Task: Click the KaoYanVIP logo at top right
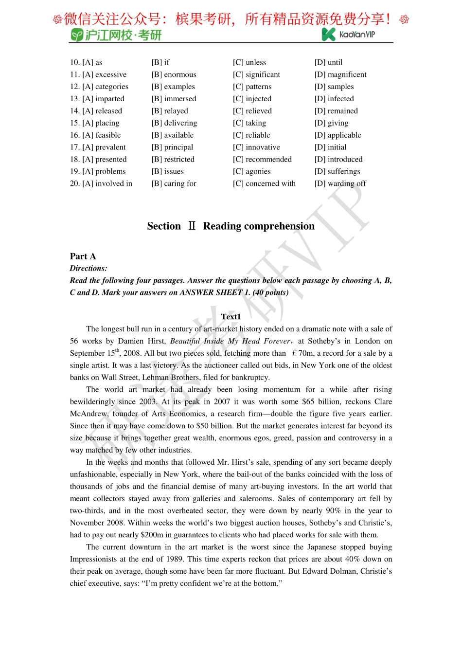(348, 34)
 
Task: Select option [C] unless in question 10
(249, 62)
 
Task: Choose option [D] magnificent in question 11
(340, 74)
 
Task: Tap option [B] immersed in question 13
(174, 99)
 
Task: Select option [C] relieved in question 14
(252, 111)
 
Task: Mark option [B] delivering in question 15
(174, 123)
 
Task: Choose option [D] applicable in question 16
(338, 135)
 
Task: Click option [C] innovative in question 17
(256, 147)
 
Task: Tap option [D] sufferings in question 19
(337, 171)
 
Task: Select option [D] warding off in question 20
(340, 183)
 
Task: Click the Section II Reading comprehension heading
(231, 226)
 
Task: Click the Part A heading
(83, 256)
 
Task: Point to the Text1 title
(231, 317)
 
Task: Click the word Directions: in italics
(89, 269)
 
